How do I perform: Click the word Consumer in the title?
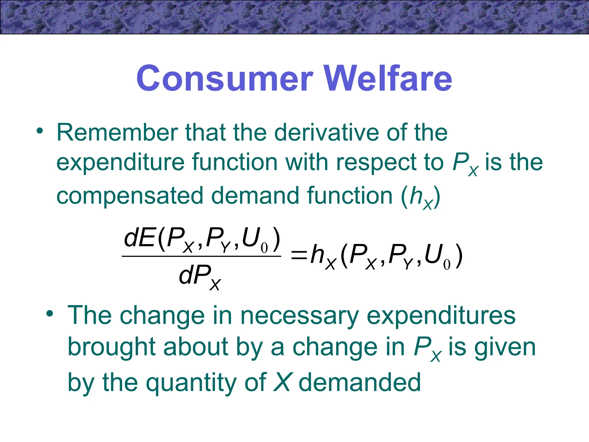click(224, 78)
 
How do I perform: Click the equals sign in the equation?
click(299, 255)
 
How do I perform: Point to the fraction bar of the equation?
click(201, 256)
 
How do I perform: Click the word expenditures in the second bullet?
click(441, 316)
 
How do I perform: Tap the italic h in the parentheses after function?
click(416, 196)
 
